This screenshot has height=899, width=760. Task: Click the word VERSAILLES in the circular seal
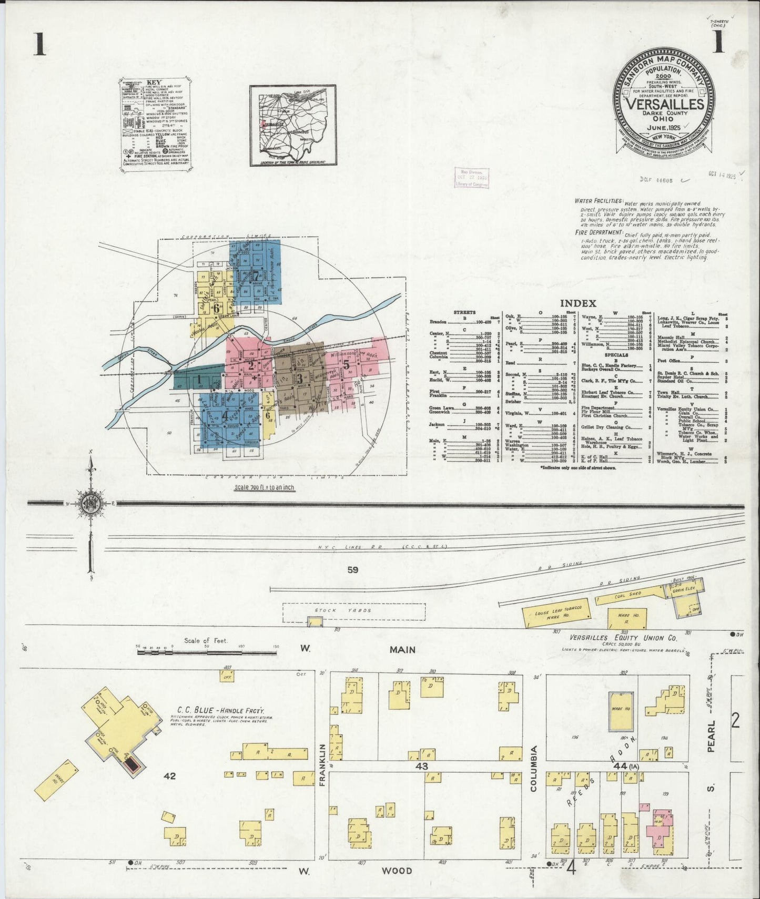tap(665, 104)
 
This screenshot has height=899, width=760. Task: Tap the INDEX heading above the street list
tap(577, 303)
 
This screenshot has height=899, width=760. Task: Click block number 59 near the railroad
tap(352, 569)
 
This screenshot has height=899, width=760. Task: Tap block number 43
tap(421, 767)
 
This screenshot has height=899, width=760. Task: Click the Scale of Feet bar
tap(207, 652)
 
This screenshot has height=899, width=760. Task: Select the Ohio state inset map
tap(292, 125)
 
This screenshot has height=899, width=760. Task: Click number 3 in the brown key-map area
tap(299, 377)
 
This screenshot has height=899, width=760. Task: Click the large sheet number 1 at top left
tap(38, 45)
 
